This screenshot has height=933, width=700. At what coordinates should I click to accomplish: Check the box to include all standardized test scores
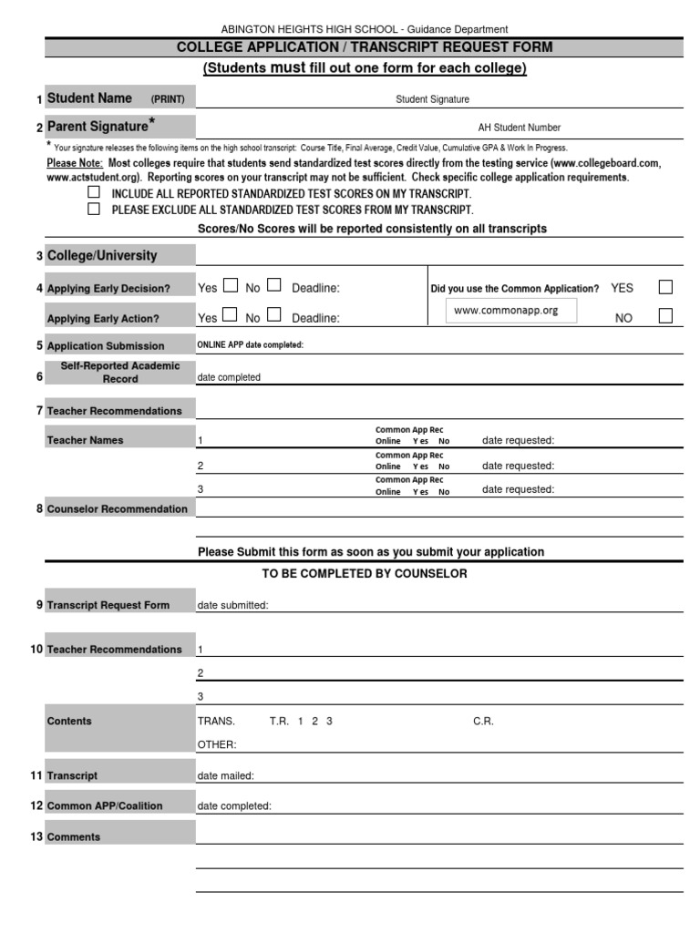93,193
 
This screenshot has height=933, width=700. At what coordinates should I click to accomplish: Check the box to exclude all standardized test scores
93,209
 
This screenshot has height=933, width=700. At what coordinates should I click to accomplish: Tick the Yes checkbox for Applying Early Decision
230,286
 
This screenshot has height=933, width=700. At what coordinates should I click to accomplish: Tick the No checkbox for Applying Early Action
273,316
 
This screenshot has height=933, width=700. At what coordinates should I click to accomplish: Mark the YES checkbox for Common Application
665,287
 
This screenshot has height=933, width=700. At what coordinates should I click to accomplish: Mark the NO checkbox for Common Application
665,316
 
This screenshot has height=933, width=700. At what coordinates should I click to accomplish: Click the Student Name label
89,98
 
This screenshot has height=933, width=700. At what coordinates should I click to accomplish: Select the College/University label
102,256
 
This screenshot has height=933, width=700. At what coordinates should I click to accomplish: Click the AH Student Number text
520,128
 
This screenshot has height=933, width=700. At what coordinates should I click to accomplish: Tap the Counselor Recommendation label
117,509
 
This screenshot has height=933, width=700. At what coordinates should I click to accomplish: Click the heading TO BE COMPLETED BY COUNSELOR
365,573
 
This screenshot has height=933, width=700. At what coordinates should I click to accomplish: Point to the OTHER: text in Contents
217,744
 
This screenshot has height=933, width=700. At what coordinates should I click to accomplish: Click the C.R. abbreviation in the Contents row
483,721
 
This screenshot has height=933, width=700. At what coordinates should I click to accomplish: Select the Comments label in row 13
74,836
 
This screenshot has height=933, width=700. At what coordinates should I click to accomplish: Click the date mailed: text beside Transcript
226,775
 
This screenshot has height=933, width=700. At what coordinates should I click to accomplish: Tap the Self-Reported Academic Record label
120,372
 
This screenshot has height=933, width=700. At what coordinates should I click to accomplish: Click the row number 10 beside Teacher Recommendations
36,649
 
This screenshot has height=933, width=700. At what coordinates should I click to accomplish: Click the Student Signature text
432,99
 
